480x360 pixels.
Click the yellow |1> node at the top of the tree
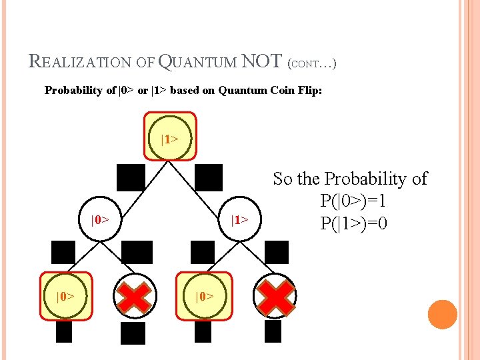tap(170, 138)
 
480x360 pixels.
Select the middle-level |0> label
tap(100, 219)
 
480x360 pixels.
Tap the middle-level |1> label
tap(239, 219)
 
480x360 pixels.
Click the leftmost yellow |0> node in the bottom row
tap(66, 295)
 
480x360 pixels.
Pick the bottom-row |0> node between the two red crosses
tap(205, 295)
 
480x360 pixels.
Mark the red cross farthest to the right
tap(275, 295)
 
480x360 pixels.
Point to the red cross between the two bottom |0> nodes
tap(135, 295)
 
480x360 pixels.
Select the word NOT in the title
tap(261, 61)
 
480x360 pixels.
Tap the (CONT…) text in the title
tap(311, 64)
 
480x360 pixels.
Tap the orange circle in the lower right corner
tap(443, 314)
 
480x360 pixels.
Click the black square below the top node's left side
tap(131, 177)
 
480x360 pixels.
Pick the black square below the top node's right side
tap(209, 177)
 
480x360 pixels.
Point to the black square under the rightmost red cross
tap(273, 331)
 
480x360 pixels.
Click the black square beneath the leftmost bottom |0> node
tap(64, 331)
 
